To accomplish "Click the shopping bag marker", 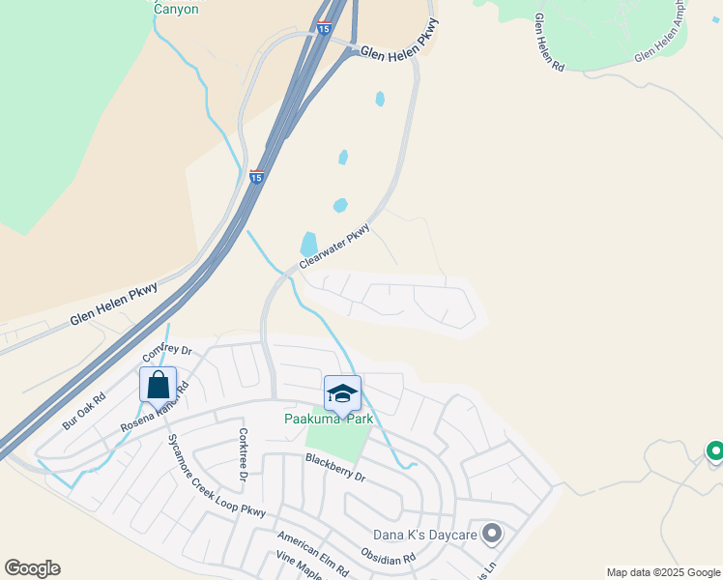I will click(x=158, y=384).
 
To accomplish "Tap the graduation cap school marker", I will click(x=341, y=392).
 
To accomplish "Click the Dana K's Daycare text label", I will click(x=426, y=534).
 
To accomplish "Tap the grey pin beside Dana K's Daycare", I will click(x=492, y=533).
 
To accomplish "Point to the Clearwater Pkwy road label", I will click(x=334, y=246).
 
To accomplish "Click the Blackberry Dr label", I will click(x=335, y=468).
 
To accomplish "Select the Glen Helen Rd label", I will click(x=549, y=43).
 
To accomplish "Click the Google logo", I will click(x=32, y=568).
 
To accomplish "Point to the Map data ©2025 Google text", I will click(x=663, y=572).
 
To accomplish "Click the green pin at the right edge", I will click(x=714, y=450).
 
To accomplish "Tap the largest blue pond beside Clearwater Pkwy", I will click(x=309, y=243).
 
